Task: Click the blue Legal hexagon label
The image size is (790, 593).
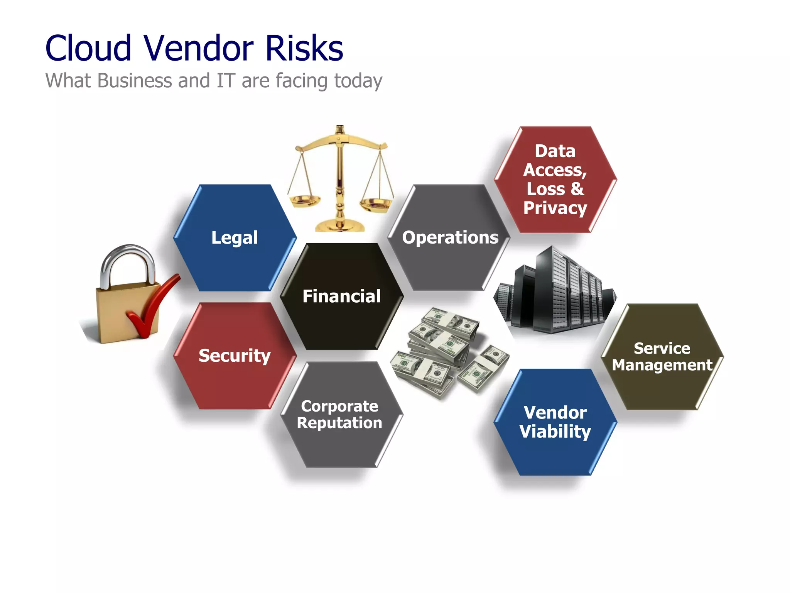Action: [x=235, y=237]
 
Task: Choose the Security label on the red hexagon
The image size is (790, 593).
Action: [x=235, y=356]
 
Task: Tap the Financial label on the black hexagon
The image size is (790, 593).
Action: [x=341, y=296]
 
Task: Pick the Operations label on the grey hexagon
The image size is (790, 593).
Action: [x=450, y=237]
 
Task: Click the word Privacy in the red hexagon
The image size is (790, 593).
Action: [x=555, y=208]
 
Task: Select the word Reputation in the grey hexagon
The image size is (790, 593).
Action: [x=339, y=423]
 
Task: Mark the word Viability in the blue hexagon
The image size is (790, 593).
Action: [x=555, y=432]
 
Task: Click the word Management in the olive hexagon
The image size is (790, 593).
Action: [x=662, y=365]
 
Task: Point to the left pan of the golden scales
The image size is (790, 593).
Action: [x=305, y=200]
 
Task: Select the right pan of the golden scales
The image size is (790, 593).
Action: [x=376, y=203]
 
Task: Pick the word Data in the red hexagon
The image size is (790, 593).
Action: [x=555, y=151]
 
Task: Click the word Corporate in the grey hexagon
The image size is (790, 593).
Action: [x=339, y=406]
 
